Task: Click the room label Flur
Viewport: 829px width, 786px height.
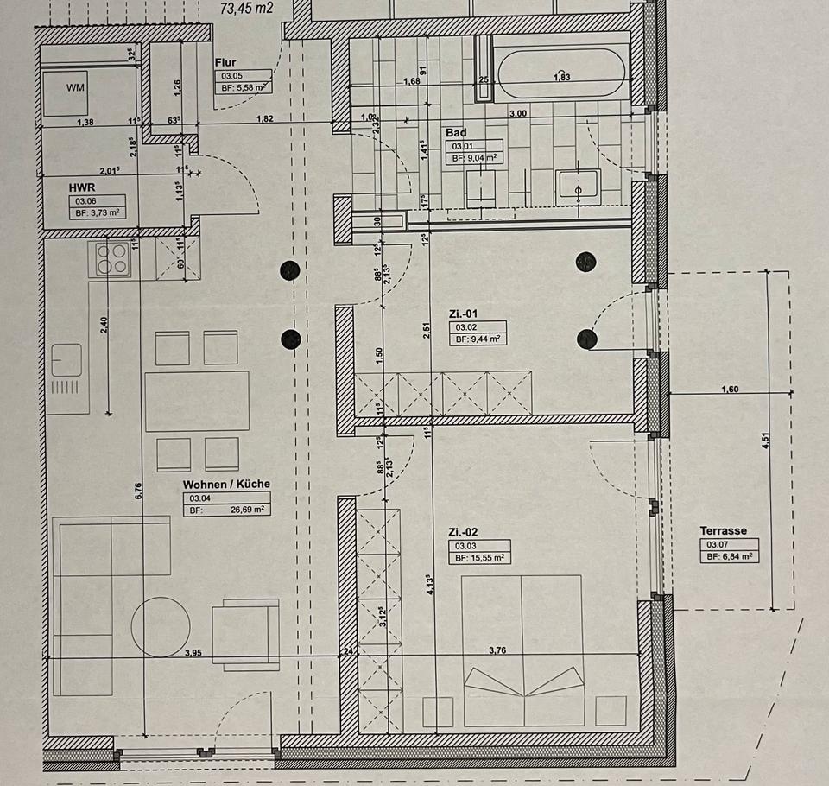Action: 225,62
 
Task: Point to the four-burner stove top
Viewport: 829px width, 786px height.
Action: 111,257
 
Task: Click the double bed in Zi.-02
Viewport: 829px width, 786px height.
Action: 522,648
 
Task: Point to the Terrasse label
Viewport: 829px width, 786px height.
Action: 724,531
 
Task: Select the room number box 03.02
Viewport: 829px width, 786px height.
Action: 467,327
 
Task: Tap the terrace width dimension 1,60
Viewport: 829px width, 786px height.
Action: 730,390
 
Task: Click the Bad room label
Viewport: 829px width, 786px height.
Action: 456,133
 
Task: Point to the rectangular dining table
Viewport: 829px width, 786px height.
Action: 197,401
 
